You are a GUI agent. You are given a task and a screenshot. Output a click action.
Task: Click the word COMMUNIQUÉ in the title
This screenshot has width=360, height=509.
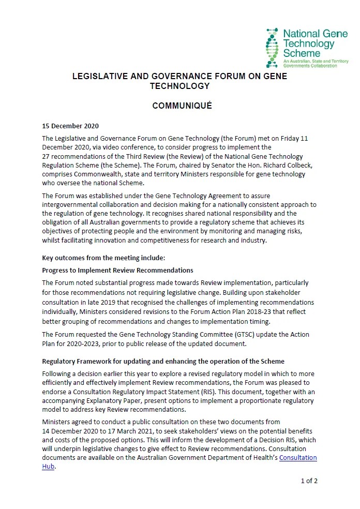click(182, 106)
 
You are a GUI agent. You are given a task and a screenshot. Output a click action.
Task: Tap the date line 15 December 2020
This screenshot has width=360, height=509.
click(70, 126)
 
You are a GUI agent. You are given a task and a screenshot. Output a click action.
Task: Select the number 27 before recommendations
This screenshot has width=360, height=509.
click(46, 156)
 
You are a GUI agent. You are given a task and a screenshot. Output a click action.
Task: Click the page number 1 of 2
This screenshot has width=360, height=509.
click(309, 481)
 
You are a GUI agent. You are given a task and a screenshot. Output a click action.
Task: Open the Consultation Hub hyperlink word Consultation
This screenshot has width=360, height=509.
click(298, 458)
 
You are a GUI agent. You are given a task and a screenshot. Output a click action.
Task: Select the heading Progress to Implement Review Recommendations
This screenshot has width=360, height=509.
click(117, 270)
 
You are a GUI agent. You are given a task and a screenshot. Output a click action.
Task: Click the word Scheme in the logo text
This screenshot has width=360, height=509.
click(302, 53)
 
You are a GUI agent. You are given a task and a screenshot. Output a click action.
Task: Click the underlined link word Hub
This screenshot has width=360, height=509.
click(48, 467)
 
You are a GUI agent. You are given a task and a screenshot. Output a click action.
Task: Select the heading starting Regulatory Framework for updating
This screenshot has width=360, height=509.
click(163, 361)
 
